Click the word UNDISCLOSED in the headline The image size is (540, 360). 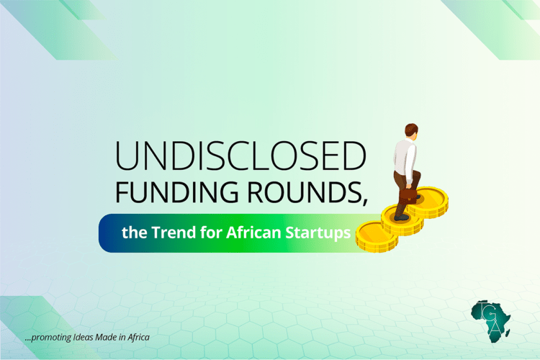click(x=240, y=156)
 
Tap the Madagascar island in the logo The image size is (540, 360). click(x=508, y=333)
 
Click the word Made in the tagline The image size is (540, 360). click(x=115, y=337)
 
